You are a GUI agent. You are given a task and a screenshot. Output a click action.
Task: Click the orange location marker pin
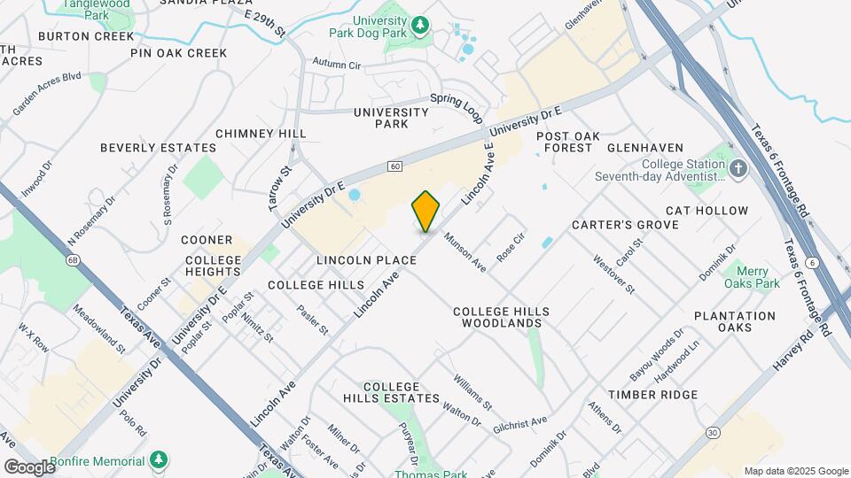pos(426,212)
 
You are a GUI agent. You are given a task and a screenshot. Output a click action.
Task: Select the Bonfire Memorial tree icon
pos(159,460)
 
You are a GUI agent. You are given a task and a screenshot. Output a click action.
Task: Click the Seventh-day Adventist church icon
pos(739,168)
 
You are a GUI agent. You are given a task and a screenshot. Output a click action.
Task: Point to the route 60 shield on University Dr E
pos(394,166)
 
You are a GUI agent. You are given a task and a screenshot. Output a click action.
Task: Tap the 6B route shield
pos(74,259)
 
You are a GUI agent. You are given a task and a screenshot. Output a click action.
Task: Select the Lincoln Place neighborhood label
pos(366,260)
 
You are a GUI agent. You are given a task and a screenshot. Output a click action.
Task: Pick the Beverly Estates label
pos(158,148)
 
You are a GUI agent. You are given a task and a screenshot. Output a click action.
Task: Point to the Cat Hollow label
pos(707,211)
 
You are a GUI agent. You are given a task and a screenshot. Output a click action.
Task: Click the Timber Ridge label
pos(652,394)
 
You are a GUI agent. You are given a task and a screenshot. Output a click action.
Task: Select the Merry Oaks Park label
pos(752,277)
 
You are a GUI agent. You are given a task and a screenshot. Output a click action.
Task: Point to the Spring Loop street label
pos(457,105)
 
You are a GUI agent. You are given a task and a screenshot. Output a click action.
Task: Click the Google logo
pos(29,466)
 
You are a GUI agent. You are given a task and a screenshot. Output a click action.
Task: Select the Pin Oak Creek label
pos(179,53)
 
